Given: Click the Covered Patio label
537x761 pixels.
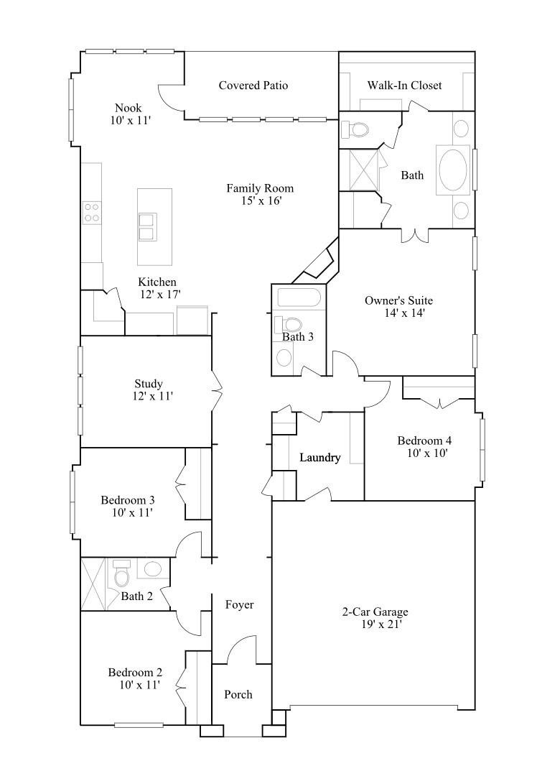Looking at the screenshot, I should click(253, 86).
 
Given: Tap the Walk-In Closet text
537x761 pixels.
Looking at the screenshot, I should click(404, 86).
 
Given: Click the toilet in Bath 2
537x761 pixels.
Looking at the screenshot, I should click(121, 574).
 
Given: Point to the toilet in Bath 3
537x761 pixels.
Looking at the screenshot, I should click(293, 325).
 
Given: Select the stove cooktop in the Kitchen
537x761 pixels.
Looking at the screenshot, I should click(91, 213).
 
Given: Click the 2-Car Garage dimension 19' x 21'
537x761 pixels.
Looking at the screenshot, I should click(381, 624).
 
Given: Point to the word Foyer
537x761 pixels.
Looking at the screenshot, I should click(239, 605).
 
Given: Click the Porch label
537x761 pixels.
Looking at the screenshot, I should click(238, 694).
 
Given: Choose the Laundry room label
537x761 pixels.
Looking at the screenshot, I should click(319, 458).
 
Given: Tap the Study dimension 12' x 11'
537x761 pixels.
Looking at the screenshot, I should click(152, 396).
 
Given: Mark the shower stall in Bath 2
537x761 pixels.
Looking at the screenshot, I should click(94, 584).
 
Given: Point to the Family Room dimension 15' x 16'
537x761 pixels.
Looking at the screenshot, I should click(261, 201).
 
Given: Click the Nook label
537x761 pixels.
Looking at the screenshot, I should click(128, 109).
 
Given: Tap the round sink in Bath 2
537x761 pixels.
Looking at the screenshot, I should click(153, 569).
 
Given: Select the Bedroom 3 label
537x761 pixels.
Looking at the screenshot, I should click(128, 500).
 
